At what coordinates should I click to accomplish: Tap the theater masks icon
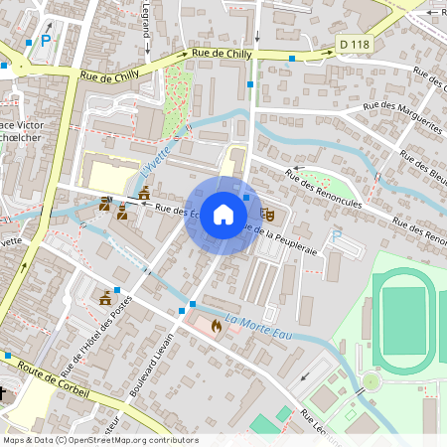tap(266, 214)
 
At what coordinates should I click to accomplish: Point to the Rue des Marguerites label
tap(402, 116)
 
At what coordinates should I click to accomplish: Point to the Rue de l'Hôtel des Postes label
tap(95, 344)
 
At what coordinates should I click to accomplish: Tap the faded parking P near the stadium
tap(336, 236)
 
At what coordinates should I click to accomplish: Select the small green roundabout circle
tap(371, 380)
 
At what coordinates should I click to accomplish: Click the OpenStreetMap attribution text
tap(100, 440)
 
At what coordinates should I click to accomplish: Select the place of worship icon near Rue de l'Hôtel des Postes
tap(104, 296)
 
